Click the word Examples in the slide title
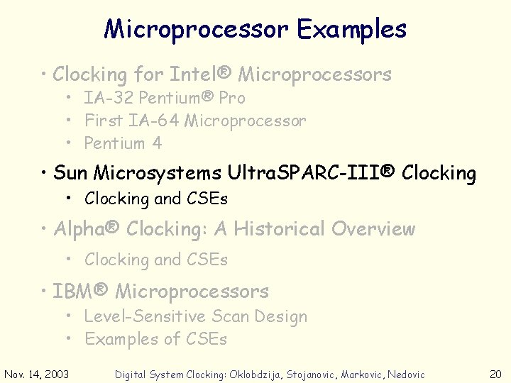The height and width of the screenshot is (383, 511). pyautogui.click(x=351, y=30)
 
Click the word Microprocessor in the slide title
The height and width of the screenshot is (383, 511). pyautogui.click(x=197, y=30)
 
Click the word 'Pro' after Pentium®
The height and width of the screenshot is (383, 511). pyautogui.click(x=231, y=99)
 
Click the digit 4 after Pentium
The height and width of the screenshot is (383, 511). pyautogui.click(x=157, y=143)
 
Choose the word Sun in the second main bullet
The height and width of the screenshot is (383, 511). pyautogui.click(x=70, y=173)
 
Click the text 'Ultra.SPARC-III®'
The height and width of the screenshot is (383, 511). pyautogui.click(x=312, y=173)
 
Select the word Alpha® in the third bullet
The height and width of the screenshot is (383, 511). pyautogui.click(x=87, y=229)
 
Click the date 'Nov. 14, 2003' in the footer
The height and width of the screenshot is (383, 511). pyautogui.click(x=37, y=374)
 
